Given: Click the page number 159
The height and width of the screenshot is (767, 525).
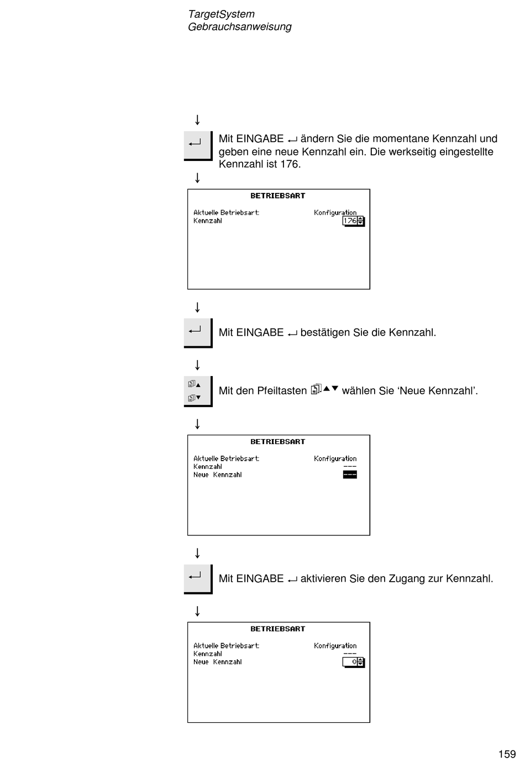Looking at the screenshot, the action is (x=507, y=754).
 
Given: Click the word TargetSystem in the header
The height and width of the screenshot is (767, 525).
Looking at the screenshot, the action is (x=222, y=14).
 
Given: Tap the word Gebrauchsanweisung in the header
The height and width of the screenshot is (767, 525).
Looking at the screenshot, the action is (x=240, y=27).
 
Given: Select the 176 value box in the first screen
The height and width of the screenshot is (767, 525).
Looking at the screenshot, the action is (x=354, y=221).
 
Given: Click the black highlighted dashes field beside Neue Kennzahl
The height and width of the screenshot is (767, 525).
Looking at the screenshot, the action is (x=350, y=474).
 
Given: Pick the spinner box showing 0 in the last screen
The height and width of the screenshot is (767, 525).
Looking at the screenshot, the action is (x=354, y=662).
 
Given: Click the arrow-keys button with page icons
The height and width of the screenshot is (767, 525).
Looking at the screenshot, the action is (x=198, y=392).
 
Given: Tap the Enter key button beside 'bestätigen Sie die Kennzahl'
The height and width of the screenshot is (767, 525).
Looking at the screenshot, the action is (x=198, y=333).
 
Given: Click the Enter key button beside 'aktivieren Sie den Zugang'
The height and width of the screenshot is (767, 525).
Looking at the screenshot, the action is (x=198, y=579).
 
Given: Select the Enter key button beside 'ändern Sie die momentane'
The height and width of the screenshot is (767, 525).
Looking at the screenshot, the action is (x=198, y=145).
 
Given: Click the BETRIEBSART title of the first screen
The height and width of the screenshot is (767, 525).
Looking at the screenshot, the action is (x=277, y=196).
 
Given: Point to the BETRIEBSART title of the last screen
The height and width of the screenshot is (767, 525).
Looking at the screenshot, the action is (x=277, y=629).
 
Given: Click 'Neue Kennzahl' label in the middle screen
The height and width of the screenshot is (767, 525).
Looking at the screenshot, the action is (x=217, y=475).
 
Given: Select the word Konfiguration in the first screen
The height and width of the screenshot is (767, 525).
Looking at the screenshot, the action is (x=335, y=213).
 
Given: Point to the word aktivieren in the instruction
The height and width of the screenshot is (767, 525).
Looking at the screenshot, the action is (x=323, y=578).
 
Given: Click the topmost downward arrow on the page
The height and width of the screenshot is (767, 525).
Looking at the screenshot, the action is (x=197, y=120).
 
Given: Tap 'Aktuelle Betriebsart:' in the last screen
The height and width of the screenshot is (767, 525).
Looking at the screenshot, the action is (x=226, y=646).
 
